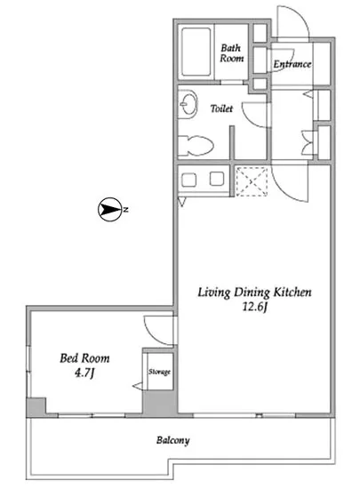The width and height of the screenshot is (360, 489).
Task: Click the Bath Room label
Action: click(x=232, y=53)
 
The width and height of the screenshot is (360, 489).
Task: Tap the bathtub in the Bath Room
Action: click(x=196, y=52)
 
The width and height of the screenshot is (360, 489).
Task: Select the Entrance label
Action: click(x=292, y=64)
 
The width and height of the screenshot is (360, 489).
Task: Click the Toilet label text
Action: click(x=221, y=108)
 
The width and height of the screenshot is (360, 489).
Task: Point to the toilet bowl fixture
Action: click(x=196, y=145)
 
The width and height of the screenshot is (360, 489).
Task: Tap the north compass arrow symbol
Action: click(x=109, y=209)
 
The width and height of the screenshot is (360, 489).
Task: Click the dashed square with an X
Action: click(x=252, y=181)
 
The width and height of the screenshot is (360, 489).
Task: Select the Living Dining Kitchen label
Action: click(x=254, y=293)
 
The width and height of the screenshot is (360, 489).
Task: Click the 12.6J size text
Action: click(x=256, y=308)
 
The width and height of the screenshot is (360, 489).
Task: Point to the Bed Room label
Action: click(x=84, y=358)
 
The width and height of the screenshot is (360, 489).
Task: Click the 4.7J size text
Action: click(x=84, y=373)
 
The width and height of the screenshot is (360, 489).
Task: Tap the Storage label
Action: click(x=159, y=372)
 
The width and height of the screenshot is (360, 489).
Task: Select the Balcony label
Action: click(x=173, y=440)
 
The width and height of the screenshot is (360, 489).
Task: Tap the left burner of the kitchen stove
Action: click(x=188, y=180)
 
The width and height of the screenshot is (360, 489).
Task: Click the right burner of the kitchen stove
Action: click(x=217, y=179)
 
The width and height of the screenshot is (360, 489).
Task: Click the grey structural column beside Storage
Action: click(x=160, y=403)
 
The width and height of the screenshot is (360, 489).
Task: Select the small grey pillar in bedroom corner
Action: click(x=36, y=406)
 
